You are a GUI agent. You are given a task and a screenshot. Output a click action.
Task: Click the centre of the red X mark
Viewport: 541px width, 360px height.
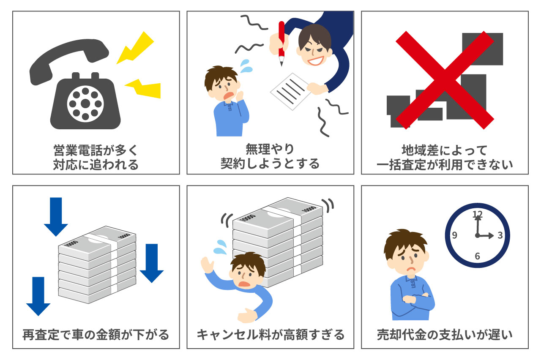[x=444, y=80]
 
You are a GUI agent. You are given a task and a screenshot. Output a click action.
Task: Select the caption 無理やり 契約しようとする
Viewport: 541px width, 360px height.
[x=270, y=157]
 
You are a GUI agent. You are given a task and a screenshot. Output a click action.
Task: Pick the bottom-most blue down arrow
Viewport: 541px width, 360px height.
[x=38, y=296]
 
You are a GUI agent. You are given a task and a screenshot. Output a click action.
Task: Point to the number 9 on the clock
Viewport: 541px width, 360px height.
[x=455, y=235]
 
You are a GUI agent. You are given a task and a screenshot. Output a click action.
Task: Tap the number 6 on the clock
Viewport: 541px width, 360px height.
[x=478, y=256]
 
